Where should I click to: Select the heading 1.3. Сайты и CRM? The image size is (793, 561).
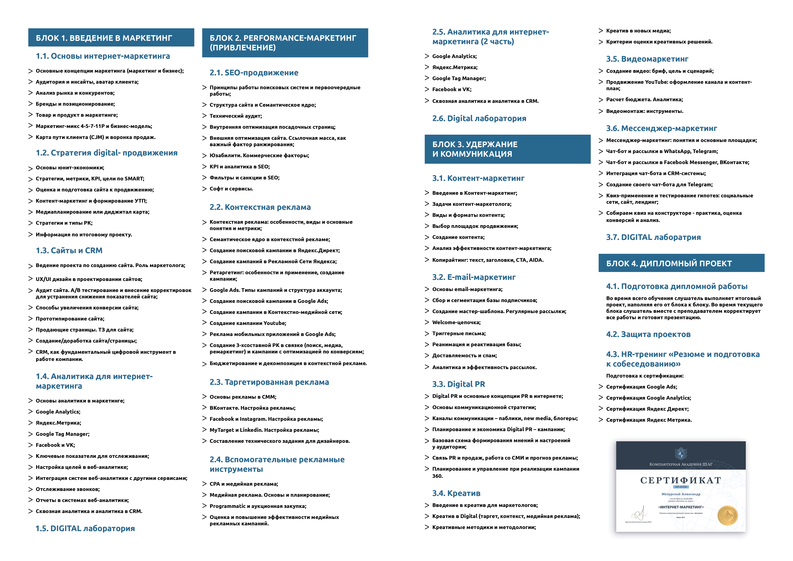69,250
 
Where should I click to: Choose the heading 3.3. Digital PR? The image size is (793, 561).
458,384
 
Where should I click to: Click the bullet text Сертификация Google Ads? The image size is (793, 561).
641,387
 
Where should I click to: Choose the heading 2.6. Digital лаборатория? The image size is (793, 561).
479,119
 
